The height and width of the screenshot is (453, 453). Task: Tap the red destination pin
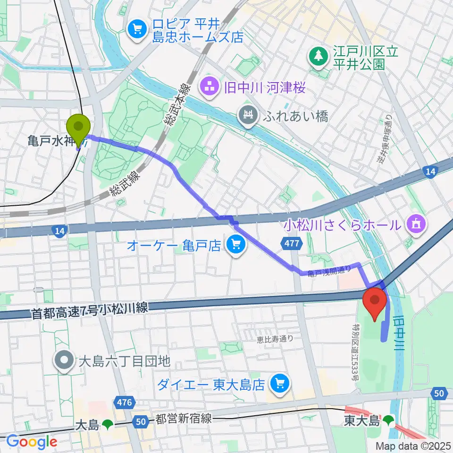pos(375,302)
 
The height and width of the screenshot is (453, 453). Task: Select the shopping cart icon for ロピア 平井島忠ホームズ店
pos(137,30)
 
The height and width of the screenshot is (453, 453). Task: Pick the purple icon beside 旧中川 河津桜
pos(209,87)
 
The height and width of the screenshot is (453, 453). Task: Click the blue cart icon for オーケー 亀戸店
pos(235,244)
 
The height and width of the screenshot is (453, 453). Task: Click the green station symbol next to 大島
pos(108,425)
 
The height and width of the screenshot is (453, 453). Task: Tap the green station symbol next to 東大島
pos(389,419)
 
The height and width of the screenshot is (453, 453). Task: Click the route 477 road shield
pos(291,243)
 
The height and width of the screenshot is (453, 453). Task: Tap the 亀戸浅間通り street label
pos(329,270)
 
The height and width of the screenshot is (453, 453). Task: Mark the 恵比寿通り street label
pos(275,338)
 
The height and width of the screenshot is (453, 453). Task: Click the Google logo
pos(32,442)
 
